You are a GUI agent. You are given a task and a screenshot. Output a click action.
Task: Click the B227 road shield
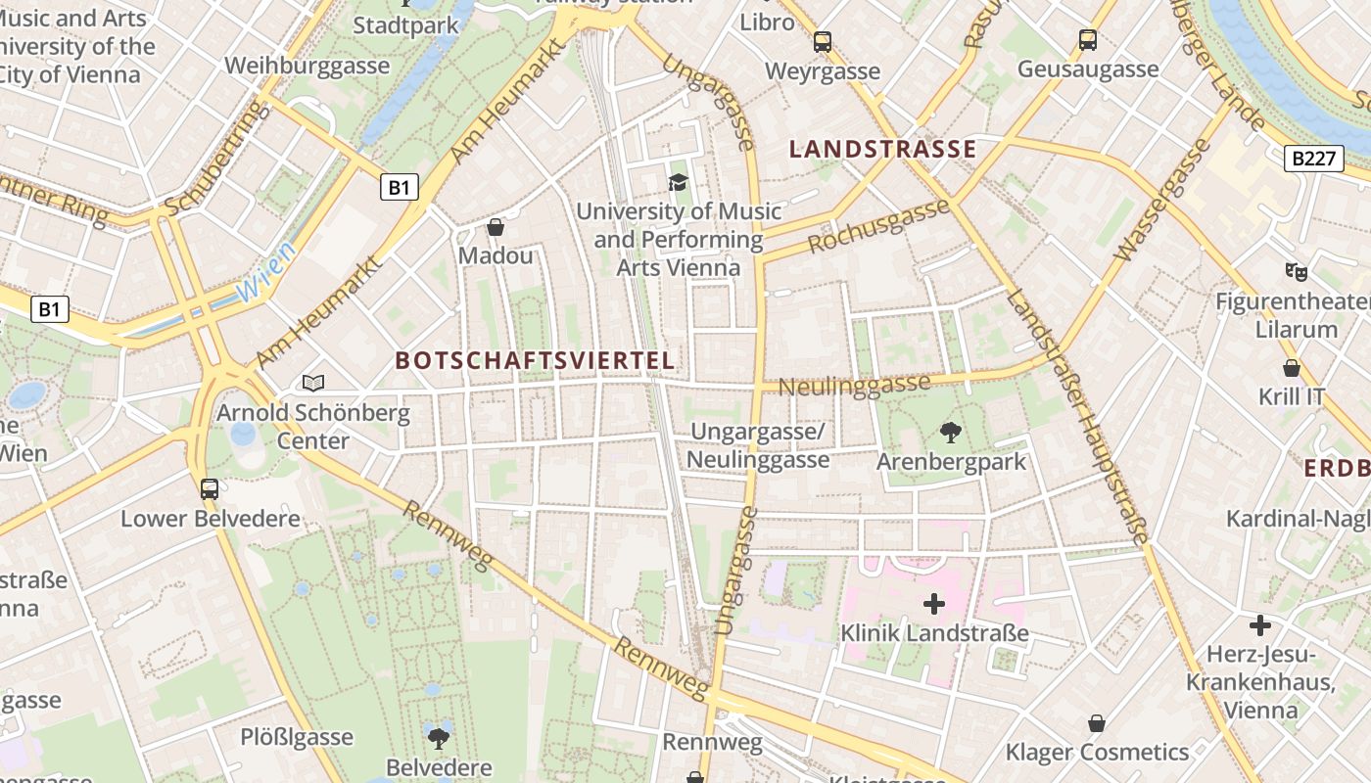point(1313,159)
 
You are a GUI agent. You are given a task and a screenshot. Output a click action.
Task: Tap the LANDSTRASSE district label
point(882,149)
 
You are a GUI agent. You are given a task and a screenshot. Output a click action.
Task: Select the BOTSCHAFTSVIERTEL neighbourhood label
point(535,360)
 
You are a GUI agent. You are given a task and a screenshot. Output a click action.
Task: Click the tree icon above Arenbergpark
point(950,432)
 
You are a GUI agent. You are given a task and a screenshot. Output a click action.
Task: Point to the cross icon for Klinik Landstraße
point(934,604)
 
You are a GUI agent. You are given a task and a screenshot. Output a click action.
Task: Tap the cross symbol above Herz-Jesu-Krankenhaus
point(1260,624)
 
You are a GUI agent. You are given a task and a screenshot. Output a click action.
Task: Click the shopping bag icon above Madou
point(496,227)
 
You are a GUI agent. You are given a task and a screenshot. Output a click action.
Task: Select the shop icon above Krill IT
point(1292,368)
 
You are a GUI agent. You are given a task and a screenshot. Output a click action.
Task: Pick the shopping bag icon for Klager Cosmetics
point(1097,723)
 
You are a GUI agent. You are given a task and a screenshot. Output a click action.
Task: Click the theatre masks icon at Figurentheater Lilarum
point(1297,272)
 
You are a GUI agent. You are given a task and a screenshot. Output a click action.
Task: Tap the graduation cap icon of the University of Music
point(678,182)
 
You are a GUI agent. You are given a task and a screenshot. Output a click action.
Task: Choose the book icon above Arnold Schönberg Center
point(312,383)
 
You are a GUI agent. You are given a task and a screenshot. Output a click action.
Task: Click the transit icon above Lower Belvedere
point(210,488)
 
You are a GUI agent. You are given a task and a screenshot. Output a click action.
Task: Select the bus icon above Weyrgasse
point(823,42)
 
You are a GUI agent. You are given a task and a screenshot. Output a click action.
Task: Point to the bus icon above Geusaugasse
point(1088,40)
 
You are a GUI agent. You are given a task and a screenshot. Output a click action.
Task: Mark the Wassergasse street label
point(1163,200)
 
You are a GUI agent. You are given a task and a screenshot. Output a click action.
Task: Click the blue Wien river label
point(266,272)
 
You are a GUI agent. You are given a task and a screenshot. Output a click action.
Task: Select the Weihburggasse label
point(307,67)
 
